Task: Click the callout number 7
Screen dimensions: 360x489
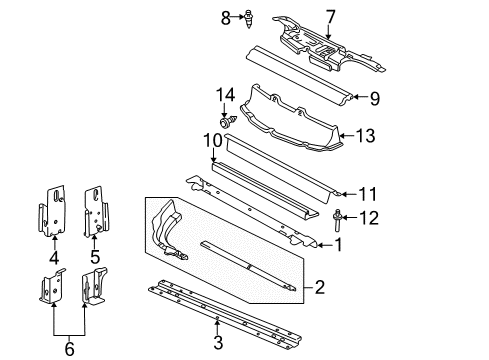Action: click(x=329, y=16)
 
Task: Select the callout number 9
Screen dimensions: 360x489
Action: click(x=374, y=99)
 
